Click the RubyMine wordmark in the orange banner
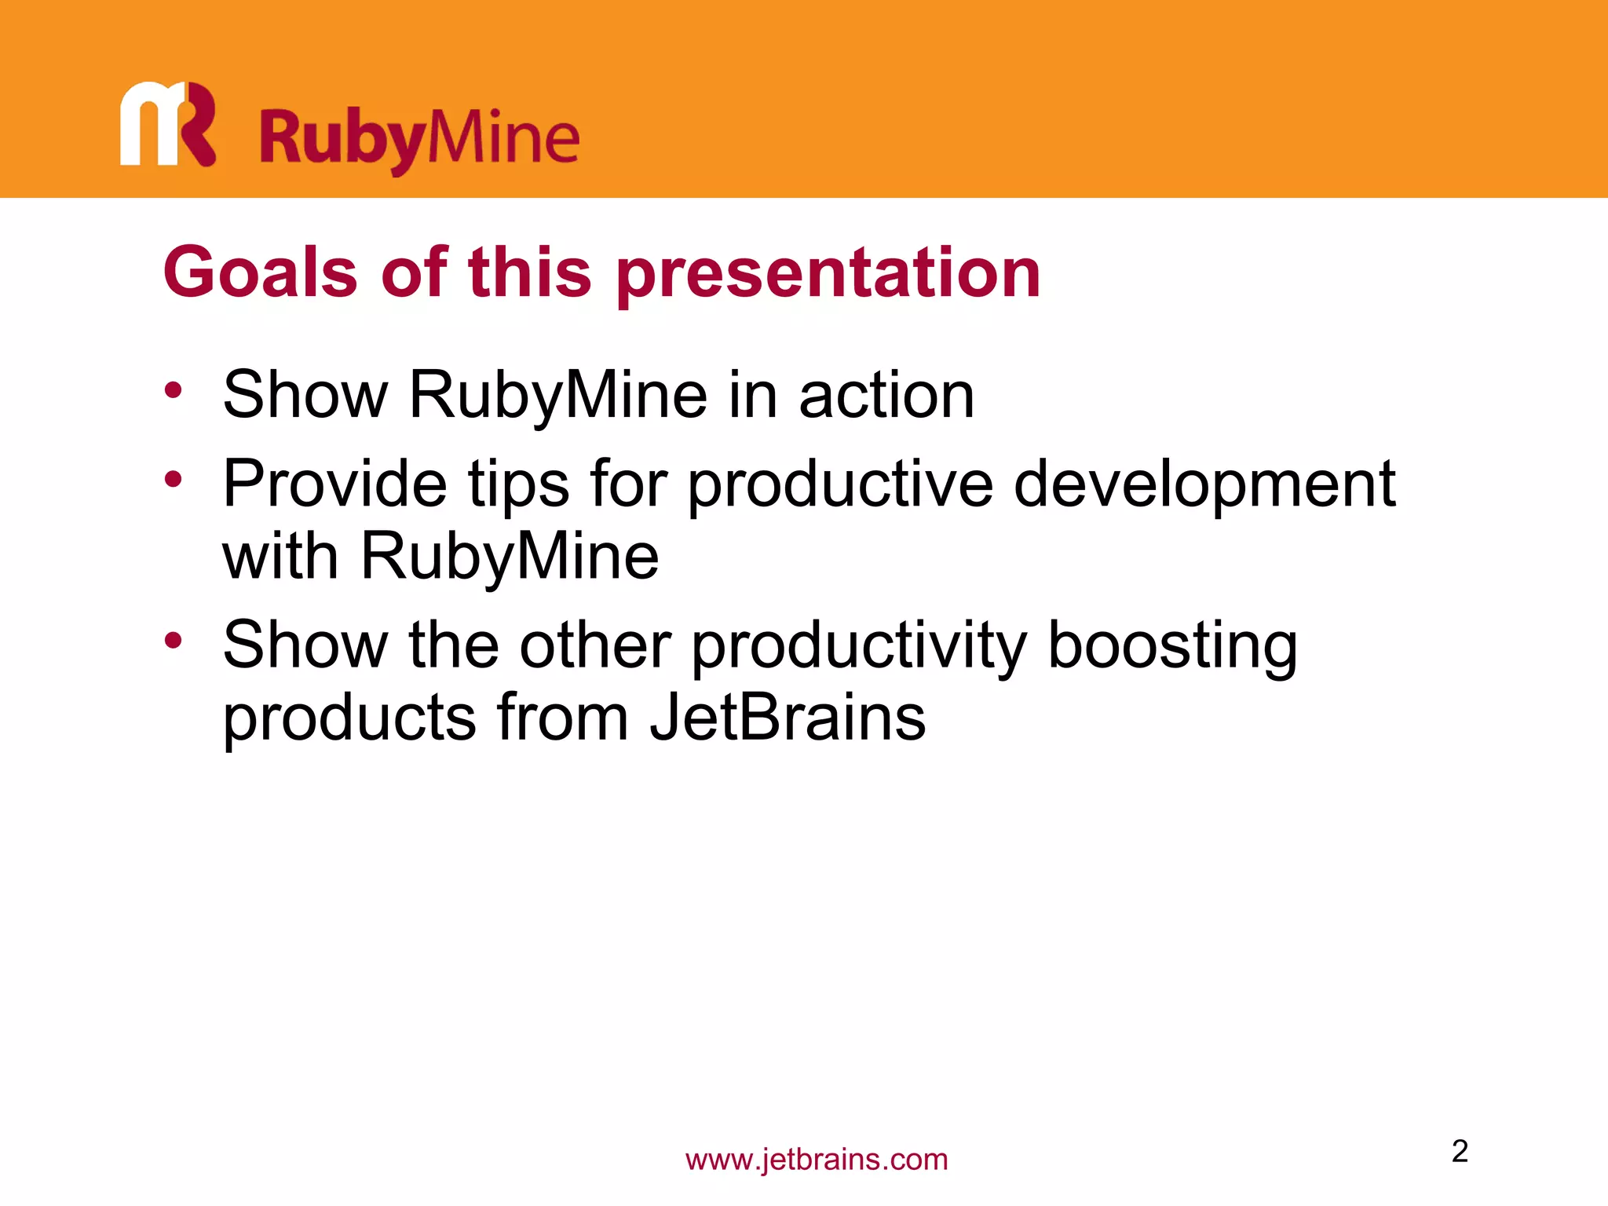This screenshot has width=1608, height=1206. pos(419,140)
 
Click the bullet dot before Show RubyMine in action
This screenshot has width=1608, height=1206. pos(174,389)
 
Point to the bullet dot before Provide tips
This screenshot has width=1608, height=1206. pos(174,478)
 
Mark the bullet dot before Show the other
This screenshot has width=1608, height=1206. pos(174,640)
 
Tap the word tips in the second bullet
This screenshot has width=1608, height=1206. pos(519,484)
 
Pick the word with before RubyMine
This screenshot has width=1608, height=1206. pos(280,557)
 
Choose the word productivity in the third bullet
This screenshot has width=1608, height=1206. pos(859,647)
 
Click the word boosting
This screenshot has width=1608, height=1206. pos(1172,647)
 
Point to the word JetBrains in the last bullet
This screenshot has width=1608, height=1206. pos(788,718)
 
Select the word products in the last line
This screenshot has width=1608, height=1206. pos(349,719)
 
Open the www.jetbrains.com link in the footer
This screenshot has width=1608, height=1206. pos(817,1160)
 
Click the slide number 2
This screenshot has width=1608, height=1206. pos(1460,1151)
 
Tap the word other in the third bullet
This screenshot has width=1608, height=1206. pos(595,645)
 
